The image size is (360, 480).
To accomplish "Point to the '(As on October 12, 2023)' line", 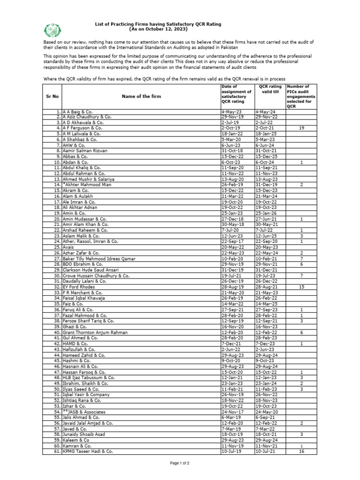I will pos(158,29).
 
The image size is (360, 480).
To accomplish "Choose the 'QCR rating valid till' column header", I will pos(270,89).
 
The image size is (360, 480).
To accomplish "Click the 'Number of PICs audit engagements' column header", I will pos(298,96).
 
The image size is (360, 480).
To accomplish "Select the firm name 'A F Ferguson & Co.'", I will pos(82,127).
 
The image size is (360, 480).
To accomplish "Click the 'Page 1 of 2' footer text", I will pos(180,463).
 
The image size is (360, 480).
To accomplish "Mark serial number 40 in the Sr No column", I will pos(57,332).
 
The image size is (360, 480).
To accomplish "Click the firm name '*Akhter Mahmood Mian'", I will pos(85,185).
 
